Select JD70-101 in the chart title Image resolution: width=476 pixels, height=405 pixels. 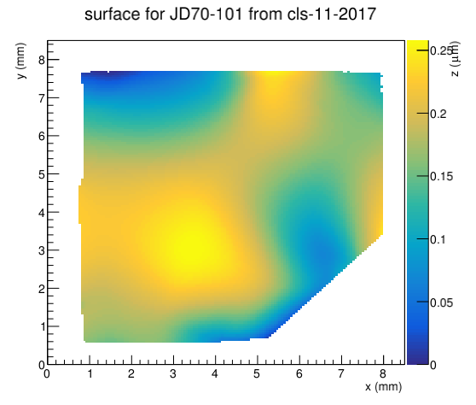pos(206,14)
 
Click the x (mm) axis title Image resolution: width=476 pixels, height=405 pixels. pos(383,387)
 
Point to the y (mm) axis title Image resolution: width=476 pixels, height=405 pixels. pos(20,62)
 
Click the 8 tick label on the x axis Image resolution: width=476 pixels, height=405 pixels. pos(383,373)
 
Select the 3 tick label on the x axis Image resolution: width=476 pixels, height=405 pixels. pos(173,373)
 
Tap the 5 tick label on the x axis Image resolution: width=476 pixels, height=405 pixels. pos(257,373)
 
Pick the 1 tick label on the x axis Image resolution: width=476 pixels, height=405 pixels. pos(90,373)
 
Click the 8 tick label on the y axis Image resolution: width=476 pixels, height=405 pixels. pos(42,60)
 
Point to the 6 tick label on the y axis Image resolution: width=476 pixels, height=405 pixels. pos(42,136)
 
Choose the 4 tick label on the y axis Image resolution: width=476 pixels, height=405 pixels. pos(42,212)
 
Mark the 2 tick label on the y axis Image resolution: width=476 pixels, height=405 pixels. pos(42,289)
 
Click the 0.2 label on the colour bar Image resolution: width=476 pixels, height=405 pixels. pos(438,114)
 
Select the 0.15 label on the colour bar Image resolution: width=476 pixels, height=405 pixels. pos(442,176)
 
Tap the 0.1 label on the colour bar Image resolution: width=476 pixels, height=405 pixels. pos(438,239)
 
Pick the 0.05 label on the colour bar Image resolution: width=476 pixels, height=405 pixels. pos(442,302)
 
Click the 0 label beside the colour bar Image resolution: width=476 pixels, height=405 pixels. pos(433,365)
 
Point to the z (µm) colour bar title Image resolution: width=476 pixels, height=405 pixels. pos(456,59)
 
